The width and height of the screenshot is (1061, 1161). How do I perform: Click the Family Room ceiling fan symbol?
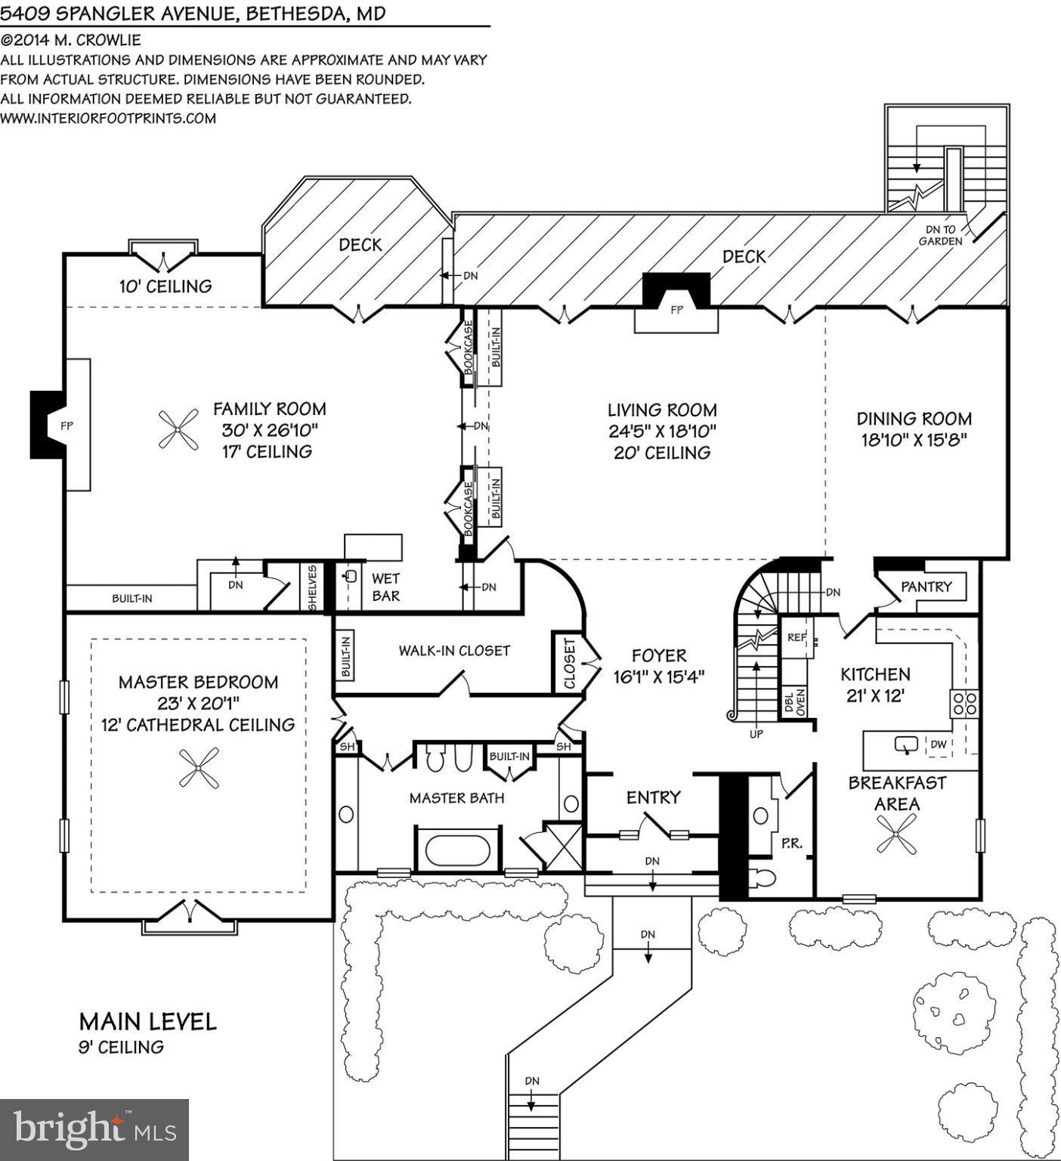pyautogui.click(x=178, y=432)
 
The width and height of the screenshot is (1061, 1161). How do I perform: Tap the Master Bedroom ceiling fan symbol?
pyautogui.click(x=199, y=768)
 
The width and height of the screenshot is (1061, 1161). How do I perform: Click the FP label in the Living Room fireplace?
pyautogui.click(x=676, y=310)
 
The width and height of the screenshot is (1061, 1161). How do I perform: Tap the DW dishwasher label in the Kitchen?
pyautogui.click(x=938, y=745)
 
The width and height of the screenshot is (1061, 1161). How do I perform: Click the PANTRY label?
pyautogui.click(x=926, y=587)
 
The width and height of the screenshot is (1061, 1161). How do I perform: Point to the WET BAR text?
pyautogui.click(x=385, y=587)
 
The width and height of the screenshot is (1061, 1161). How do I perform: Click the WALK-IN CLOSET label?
pyautogui.click(x=454, y=651)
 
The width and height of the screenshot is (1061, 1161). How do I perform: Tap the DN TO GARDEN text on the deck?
pyautogui.click(x=940, y=235)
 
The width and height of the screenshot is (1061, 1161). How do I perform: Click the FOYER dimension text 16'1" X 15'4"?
pyautogui.click(x=659, y=677)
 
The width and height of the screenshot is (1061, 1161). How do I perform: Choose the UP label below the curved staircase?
pyautogui.click(x=756, y=734)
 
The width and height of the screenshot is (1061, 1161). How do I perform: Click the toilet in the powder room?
pyautogui.click(x=762, y=878)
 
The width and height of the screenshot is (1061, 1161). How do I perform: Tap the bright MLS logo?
pyautogui.click(x=94, y=1129)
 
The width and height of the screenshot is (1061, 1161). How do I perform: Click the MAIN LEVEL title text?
pyautogui.click(x=148, y=1022)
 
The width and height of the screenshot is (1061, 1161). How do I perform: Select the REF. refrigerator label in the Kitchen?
pyautogui.click(x=797, y=637)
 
